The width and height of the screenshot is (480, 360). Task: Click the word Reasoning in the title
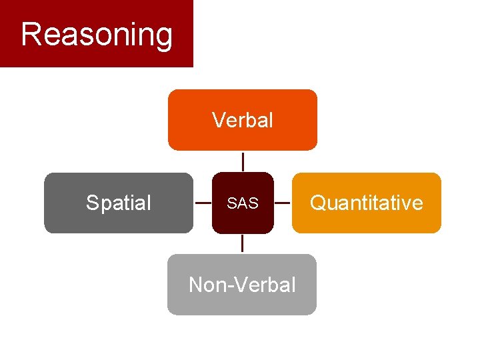[97, 35]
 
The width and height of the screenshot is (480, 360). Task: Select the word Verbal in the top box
[242, 120]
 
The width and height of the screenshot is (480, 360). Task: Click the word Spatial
[119, 203]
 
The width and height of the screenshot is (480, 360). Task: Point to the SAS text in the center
[243, 203]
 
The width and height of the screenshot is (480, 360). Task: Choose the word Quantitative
[367, 203]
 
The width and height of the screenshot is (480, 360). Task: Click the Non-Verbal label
[242, 285]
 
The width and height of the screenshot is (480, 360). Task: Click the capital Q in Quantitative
[318, 203]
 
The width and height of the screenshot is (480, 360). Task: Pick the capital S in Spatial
[92, 203]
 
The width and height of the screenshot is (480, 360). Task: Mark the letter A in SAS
[243, 203]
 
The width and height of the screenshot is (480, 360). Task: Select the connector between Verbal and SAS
[243, 161]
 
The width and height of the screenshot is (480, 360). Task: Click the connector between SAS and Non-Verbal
[243, 243]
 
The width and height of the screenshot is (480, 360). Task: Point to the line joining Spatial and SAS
[203, 203]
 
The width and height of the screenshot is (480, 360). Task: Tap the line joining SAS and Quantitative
[283, 203]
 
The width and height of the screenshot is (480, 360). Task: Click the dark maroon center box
[243, 220]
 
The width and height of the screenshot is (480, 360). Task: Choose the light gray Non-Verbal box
[242, 303]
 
